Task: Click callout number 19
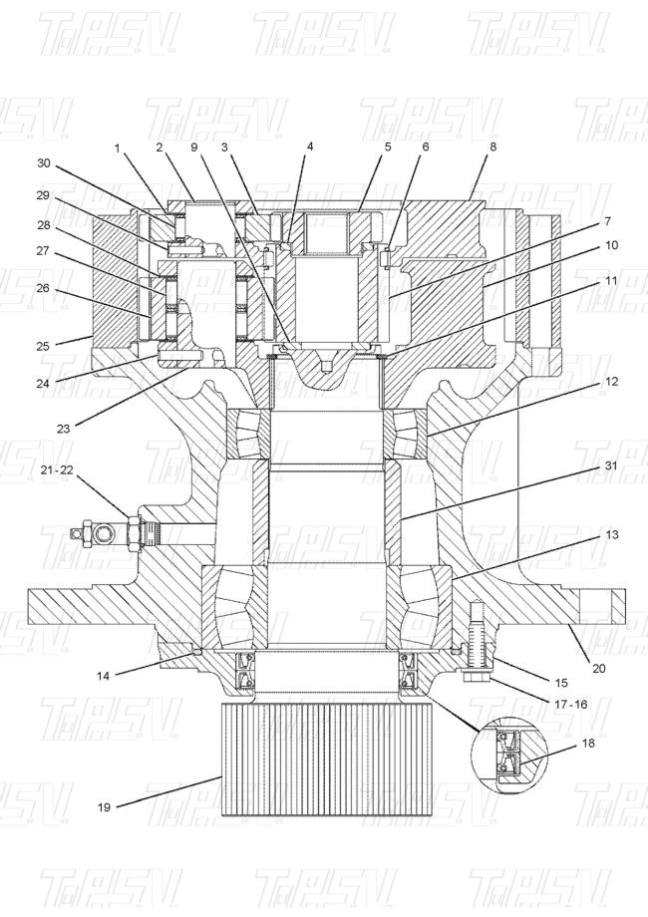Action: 104,807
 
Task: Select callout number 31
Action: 611,465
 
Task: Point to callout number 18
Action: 588,744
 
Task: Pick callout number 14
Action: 103,676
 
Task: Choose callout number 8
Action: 492,147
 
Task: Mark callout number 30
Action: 44,163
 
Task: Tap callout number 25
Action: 42,346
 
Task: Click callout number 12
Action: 611,382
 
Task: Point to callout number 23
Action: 63,429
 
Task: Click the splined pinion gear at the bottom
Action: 328,760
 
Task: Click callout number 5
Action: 388,147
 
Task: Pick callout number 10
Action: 611,245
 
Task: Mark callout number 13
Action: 611,534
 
